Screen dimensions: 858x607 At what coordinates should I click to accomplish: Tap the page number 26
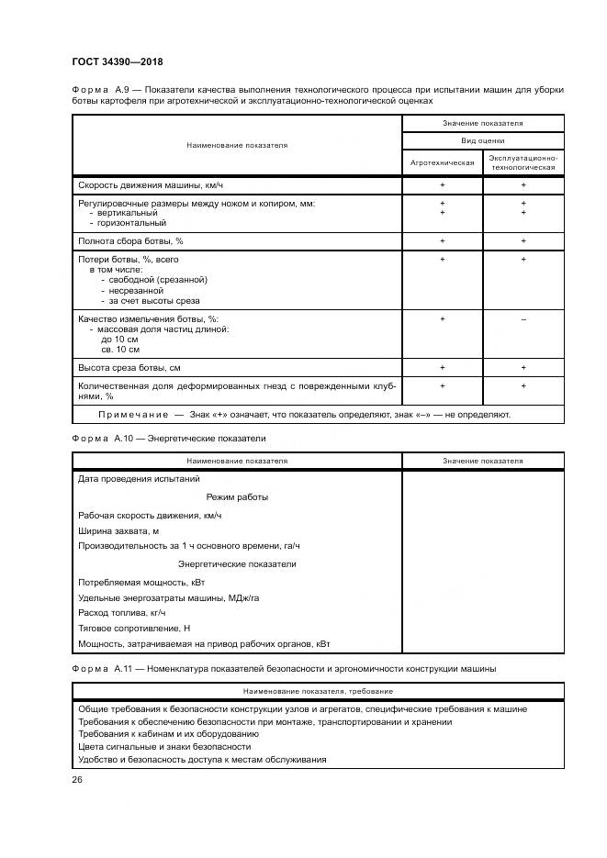pos(77,780)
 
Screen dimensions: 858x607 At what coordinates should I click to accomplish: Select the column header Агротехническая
pos(442,162)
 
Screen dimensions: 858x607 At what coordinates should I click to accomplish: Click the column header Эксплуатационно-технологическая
pos(523,162)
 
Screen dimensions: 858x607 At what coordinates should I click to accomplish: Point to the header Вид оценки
pos(482,140)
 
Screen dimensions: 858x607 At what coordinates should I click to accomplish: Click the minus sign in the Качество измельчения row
pos(523,318)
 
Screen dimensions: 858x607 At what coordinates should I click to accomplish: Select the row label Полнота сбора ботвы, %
pos(131,240)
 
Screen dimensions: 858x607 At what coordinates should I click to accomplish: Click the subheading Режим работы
pos(237,496)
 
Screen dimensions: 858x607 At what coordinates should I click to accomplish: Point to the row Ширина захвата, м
pos(119,530)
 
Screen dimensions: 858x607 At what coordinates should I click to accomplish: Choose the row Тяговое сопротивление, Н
pos(134,628)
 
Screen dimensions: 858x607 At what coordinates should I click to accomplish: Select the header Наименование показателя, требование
pos(318,690)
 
